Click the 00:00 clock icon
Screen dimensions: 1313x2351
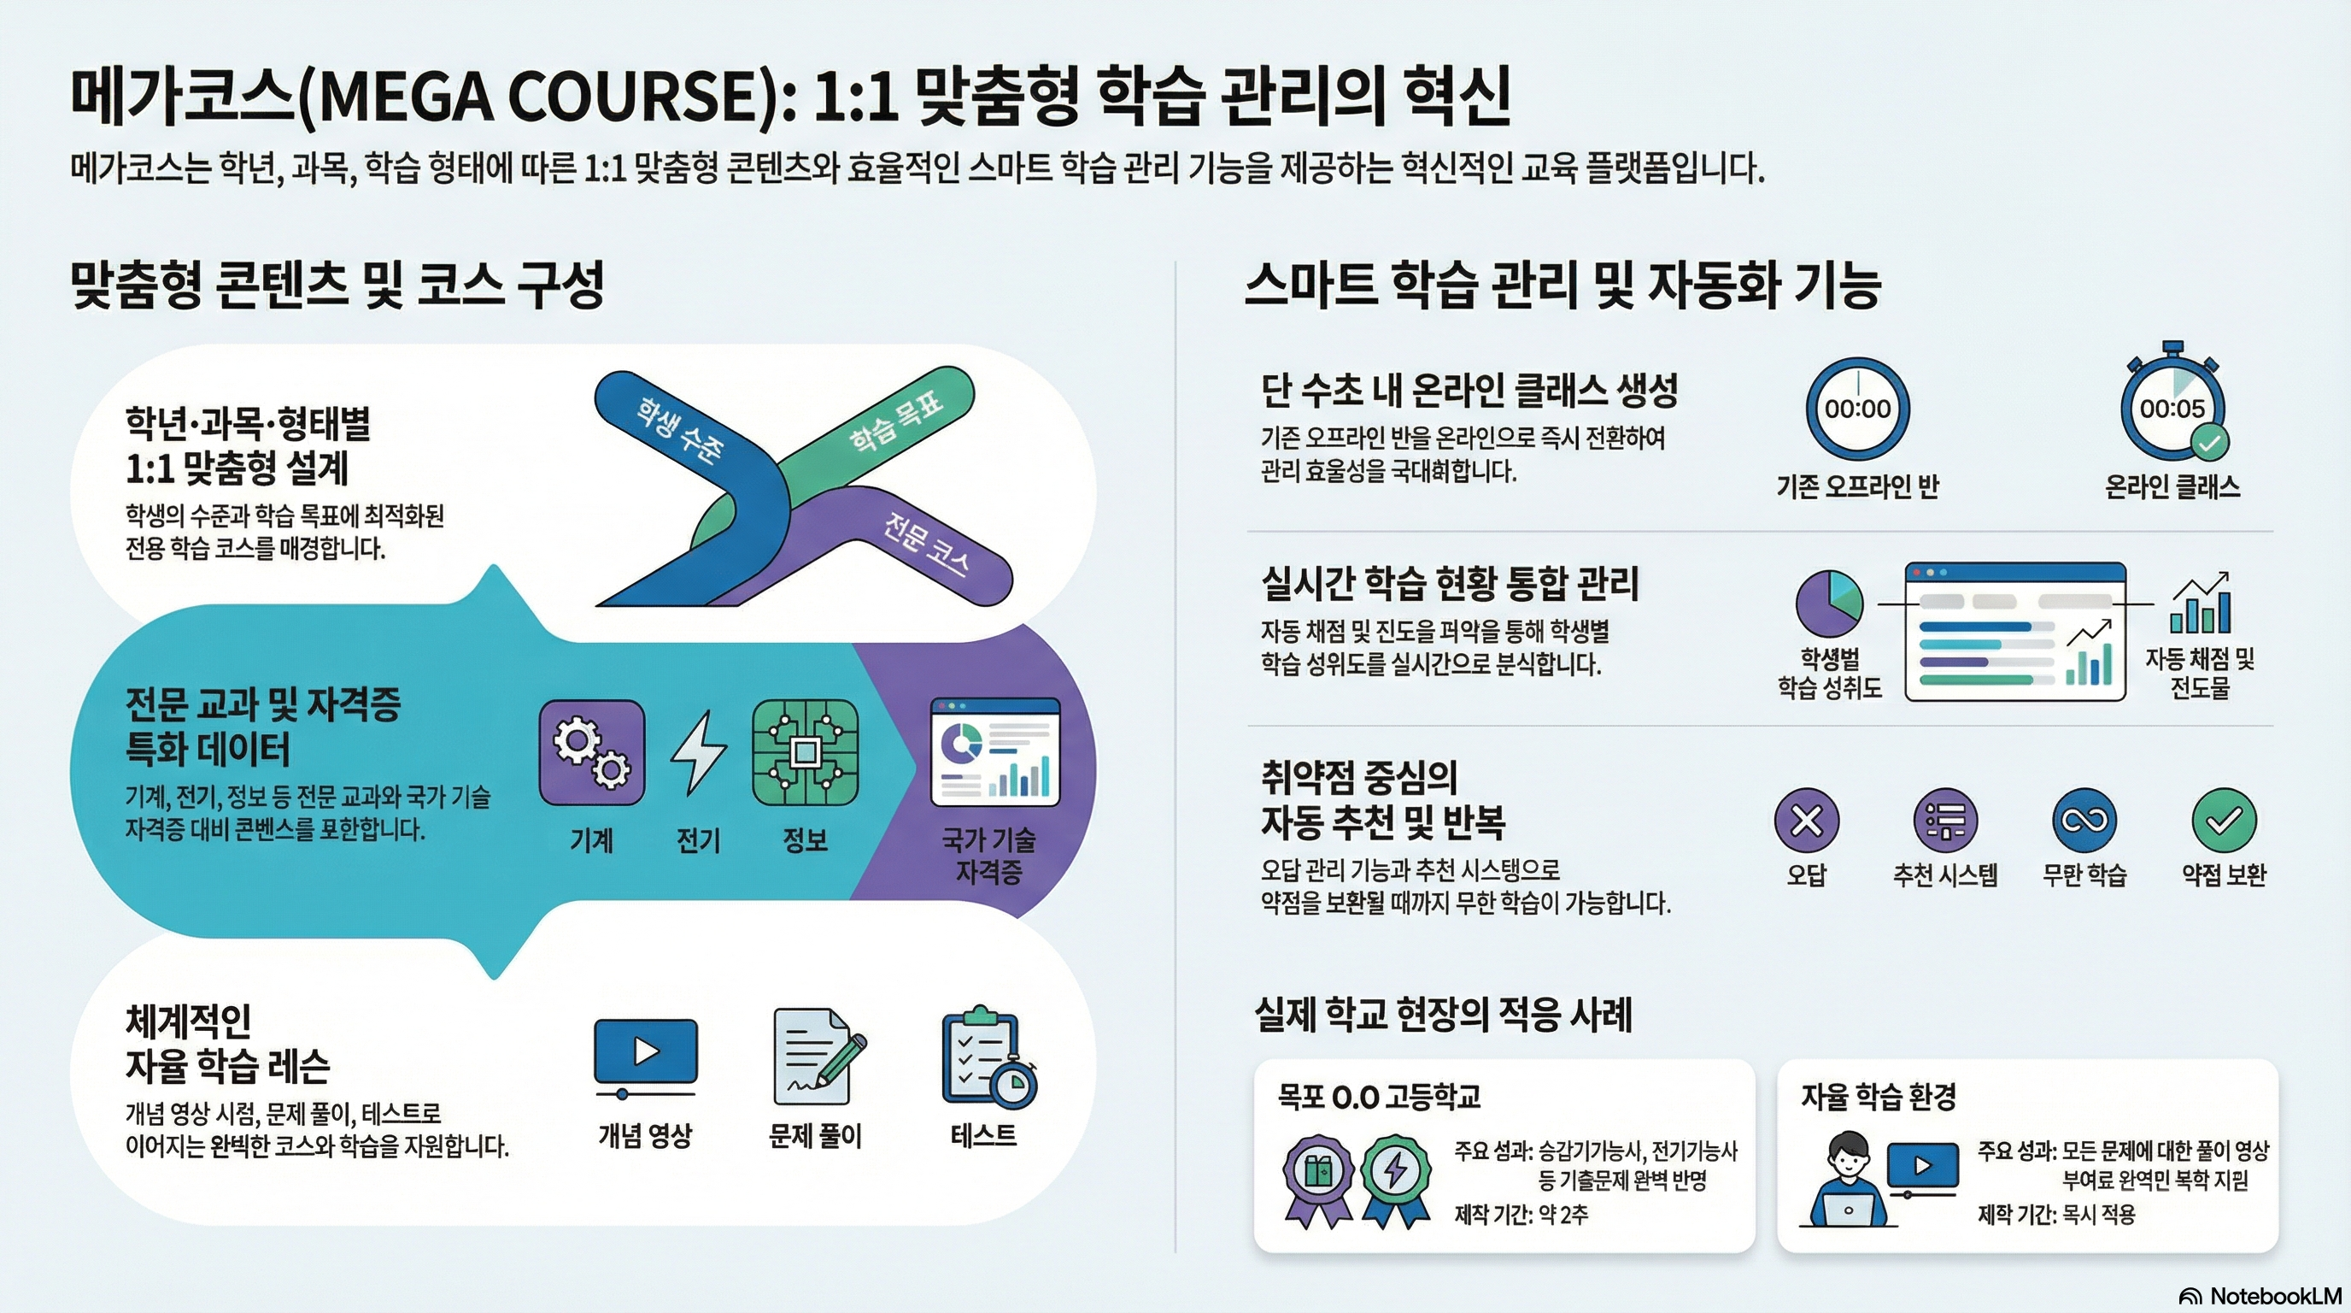point(1857,408)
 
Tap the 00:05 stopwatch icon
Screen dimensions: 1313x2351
point(2172,407)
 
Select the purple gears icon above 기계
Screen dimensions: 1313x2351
point(591,752)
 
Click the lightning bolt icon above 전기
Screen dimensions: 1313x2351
point(698,752)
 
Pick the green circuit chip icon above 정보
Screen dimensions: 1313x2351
point(804,752)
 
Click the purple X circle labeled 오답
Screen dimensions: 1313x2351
point(1806,820)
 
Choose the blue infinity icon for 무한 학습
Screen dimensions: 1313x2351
point(2084,820)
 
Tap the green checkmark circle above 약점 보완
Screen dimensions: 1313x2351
point(2223,820)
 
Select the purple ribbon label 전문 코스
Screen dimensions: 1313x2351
point(924,545)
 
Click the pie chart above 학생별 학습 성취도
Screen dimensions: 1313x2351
point(1829,604)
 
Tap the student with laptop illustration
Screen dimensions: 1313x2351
point(1848,1179)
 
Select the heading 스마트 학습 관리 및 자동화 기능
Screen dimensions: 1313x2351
point(1562,285)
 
